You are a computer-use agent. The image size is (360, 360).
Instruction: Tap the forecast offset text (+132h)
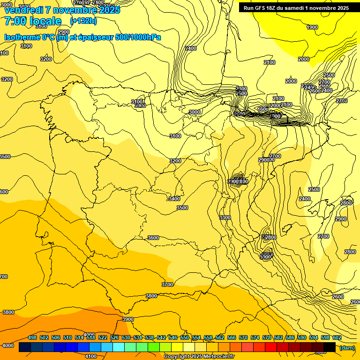click(x=83, y=21)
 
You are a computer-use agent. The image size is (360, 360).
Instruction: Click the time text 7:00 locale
click(x=33, y=21)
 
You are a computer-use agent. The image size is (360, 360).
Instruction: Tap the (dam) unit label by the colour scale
click(x=347, y=347)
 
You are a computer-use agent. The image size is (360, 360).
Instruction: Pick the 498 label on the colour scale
click(x=32, y=337)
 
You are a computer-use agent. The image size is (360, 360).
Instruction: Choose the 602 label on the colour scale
click(x=337, y=337)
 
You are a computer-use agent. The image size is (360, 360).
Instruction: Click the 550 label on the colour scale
click(x=185, y=337)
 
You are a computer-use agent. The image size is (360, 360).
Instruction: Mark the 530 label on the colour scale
click(x=126, y=337)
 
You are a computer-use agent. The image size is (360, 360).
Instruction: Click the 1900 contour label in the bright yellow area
click(x=312, y=27)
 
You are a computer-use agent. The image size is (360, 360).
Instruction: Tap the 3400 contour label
click(x=174, y=199)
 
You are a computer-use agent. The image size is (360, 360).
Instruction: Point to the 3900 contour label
click(x=127, y=319)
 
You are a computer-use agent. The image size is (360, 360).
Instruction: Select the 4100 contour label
click(x=91, y=356)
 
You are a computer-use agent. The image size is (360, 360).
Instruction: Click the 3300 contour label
click(x=225, y=217)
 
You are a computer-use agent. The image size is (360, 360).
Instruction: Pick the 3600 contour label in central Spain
click(x=153, y=238)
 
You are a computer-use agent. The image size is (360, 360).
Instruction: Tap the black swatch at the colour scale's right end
click(x=330, y=347)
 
